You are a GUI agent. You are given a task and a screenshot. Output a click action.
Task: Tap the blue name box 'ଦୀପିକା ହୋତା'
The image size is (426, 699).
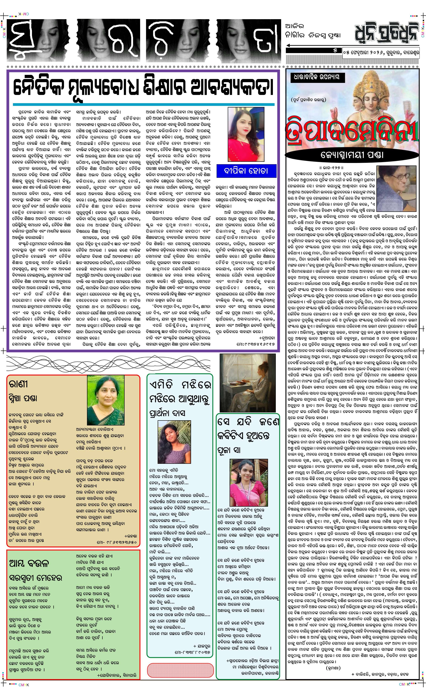coord(246,171)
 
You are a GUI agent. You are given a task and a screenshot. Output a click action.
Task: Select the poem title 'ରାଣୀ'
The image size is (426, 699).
coord(19,384)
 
